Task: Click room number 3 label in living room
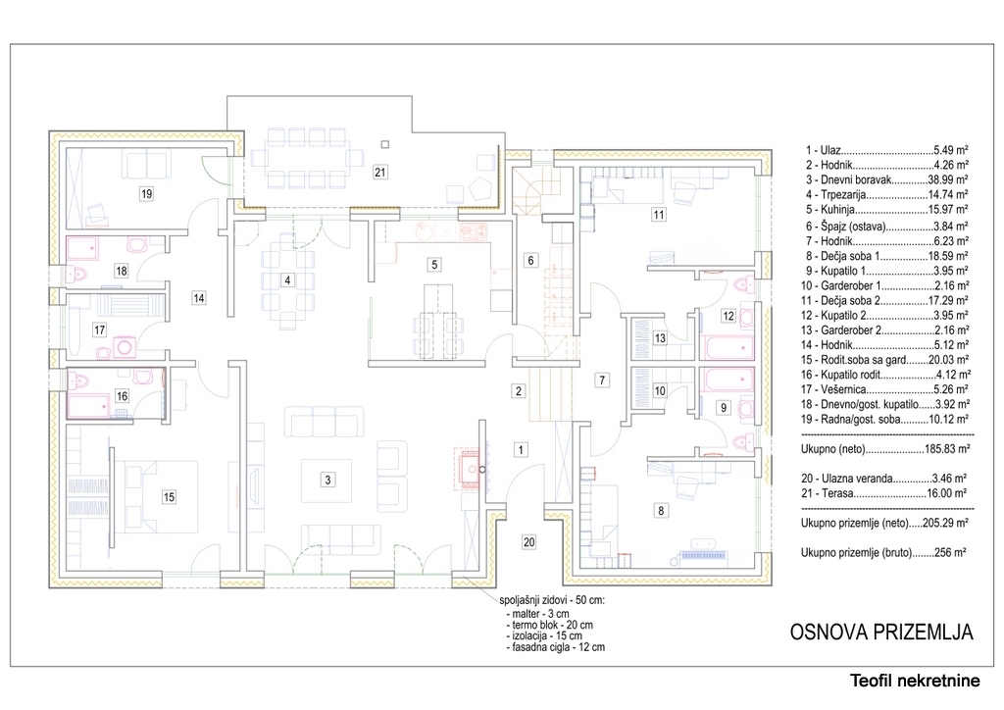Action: pos(327,480)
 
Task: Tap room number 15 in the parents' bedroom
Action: pos(169,497)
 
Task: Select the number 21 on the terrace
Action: pos(380,172)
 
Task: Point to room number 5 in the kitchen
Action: pos(434,265)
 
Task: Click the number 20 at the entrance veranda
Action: pos(528,542)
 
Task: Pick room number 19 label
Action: pos(147,193)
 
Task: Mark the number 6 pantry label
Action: pos(530,260)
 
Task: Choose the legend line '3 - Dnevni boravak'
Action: pos(886,179)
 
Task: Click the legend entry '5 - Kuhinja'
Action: pos(886,209)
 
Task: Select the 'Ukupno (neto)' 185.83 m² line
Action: pos(885,449)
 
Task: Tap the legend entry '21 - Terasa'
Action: pos(883,493)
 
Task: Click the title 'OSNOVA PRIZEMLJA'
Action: pos(881,632)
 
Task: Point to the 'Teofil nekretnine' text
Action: pos(915,681)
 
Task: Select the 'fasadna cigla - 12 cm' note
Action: pos(555,647)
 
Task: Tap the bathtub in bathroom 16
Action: pos(89,405)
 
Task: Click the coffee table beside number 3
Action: pos(326,481)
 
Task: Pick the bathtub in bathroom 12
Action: pos(727,347)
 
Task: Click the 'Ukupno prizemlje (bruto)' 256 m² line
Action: pos(883,552)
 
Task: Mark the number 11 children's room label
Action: pos(658,215)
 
